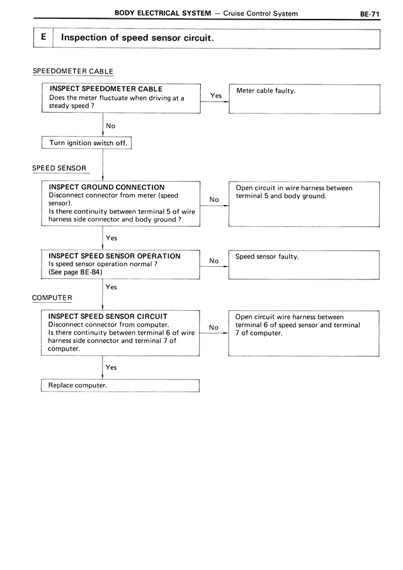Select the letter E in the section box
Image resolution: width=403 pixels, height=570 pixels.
43,37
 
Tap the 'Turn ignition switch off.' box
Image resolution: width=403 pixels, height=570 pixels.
89,143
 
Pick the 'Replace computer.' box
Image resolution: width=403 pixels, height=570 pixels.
120,385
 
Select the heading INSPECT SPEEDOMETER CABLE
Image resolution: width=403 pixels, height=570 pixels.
105,89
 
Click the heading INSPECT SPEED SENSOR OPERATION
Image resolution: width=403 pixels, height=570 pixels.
114,256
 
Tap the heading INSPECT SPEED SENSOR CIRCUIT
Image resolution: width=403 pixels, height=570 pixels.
108,316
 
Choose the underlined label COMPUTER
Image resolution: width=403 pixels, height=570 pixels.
52,298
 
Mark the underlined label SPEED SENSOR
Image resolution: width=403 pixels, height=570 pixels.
59,169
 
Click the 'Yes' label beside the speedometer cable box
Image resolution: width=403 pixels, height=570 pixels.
215,96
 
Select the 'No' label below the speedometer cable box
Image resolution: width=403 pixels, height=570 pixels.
111,126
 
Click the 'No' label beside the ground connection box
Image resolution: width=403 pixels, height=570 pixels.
214,200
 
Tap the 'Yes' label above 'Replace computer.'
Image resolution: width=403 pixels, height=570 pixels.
111,367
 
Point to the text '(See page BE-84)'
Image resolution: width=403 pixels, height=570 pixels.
75,272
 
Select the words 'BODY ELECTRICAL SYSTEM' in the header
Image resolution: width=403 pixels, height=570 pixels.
162,13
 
